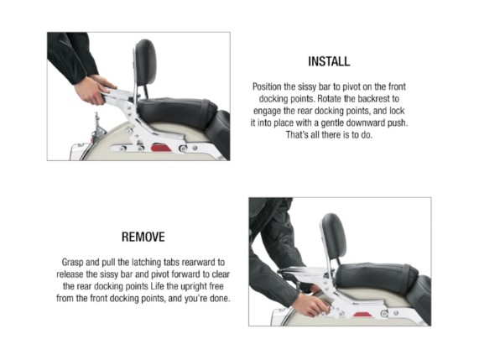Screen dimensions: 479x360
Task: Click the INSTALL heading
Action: click(329, 61)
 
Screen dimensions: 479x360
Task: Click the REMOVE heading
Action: click(143, 237)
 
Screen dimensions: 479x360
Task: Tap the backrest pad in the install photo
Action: click(146, 62)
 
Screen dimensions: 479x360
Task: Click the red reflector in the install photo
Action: click(161, 149)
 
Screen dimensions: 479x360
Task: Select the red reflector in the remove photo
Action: click(363, 314)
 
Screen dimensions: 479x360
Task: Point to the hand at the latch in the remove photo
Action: click(310, 305)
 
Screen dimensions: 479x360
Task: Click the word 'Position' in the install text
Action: click(267, 86)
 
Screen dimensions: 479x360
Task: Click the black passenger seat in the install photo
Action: click(177, 110)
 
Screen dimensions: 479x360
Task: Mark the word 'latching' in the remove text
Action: click(146, 262)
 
